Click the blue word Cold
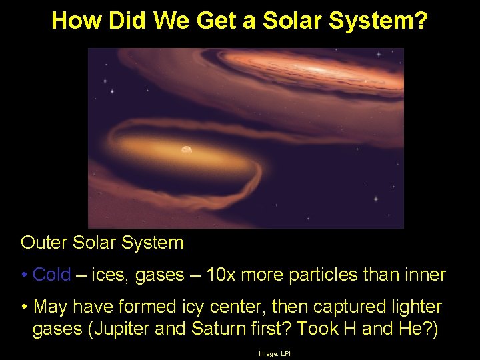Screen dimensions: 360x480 (51, 275)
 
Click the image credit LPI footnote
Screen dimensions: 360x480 (274, 353)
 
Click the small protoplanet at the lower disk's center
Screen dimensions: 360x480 (186, 150)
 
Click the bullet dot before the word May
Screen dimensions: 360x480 (24, 307)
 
